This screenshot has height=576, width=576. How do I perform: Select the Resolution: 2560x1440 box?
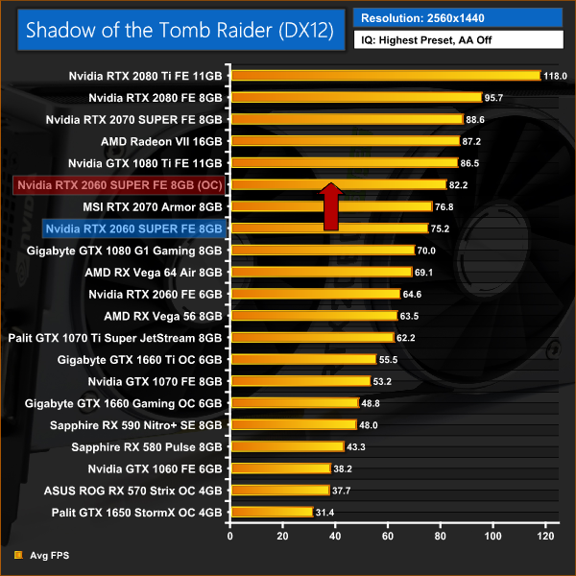[x=458, y=16]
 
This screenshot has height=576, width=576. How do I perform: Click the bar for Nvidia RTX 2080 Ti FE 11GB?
[x=385, y=75]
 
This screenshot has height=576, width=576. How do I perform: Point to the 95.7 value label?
[x=494, y=97]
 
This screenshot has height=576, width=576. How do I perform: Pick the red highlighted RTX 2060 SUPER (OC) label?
[x=119, y=184]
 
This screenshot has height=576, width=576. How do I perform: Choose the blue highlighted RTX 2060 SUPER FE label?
[x=133, y=228]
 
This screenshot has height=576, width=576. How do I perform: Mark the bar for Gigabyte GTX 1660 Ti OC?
[x=302, y=359]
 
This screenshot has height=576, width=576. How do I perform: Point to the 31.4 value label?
[x=325, y=513]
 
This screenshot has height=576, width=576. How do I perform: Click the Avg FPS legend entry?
[x=47, y=555]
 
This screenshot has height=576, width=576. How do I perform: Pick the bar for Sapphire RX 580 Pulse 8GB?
[x=286, y=446]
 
